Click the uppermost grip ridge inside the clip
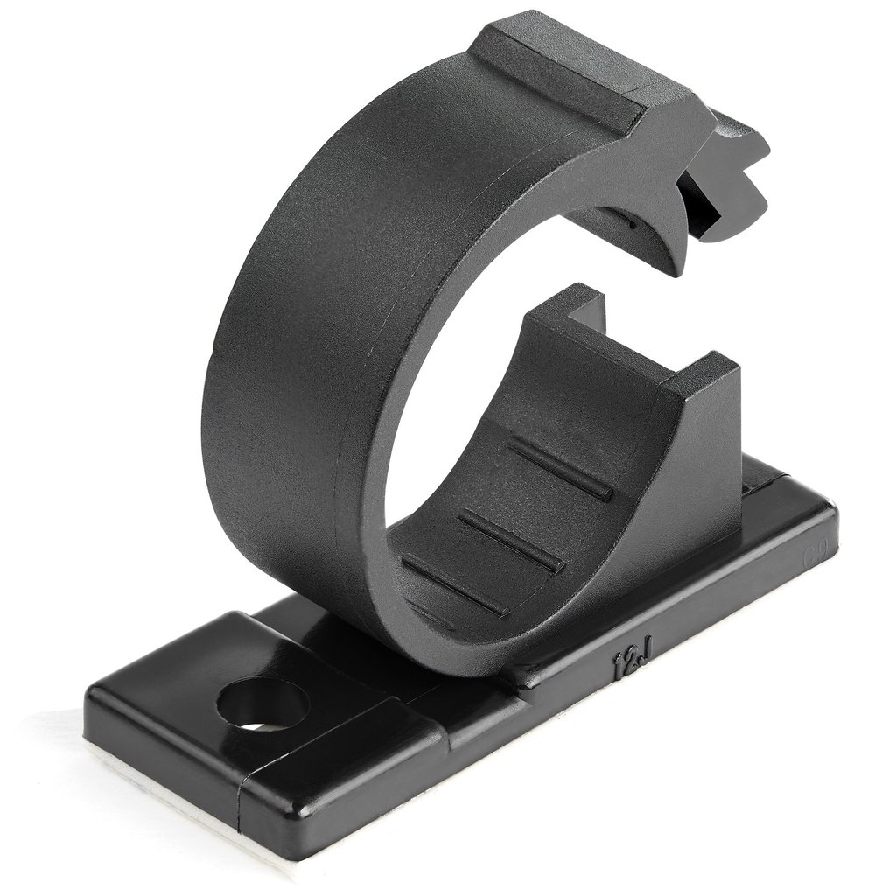(x=560, y=468)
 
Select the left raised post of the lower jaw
(x=573, y=306)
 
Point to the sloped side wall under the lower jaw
(x=691, y=490)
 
